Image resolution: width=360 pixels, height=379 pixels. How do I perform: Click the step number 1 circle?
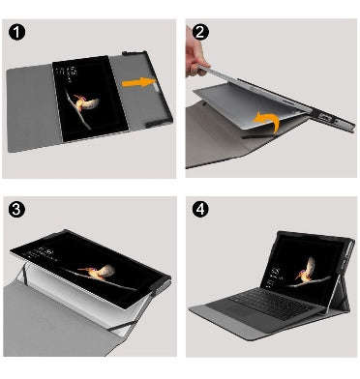[x=16, y=32]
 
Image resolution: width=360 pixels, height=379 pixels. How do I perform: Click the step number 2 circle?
[x=200, y=32]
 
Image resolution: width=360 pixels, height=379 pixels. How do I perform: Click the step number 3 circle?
[x=16, y=209]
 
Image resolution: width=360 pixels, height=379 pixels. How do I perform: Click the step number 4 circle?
[x=200, y=209]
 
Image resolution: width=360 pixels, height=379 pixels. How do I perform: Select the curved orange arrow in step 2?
[x=268, y=122]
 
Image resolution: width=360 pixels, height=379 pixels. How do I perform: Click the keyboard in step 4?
[x=270, y=302]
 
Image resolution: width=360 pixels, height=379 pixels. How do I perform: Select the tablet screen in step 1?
[x=90, y=99]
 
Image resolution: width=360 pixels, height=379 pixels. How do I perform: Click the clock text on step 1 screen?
[x=69, y=73]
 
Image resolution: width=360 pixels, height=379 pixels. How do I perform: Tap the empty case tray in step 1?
[x=142, y=90]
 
